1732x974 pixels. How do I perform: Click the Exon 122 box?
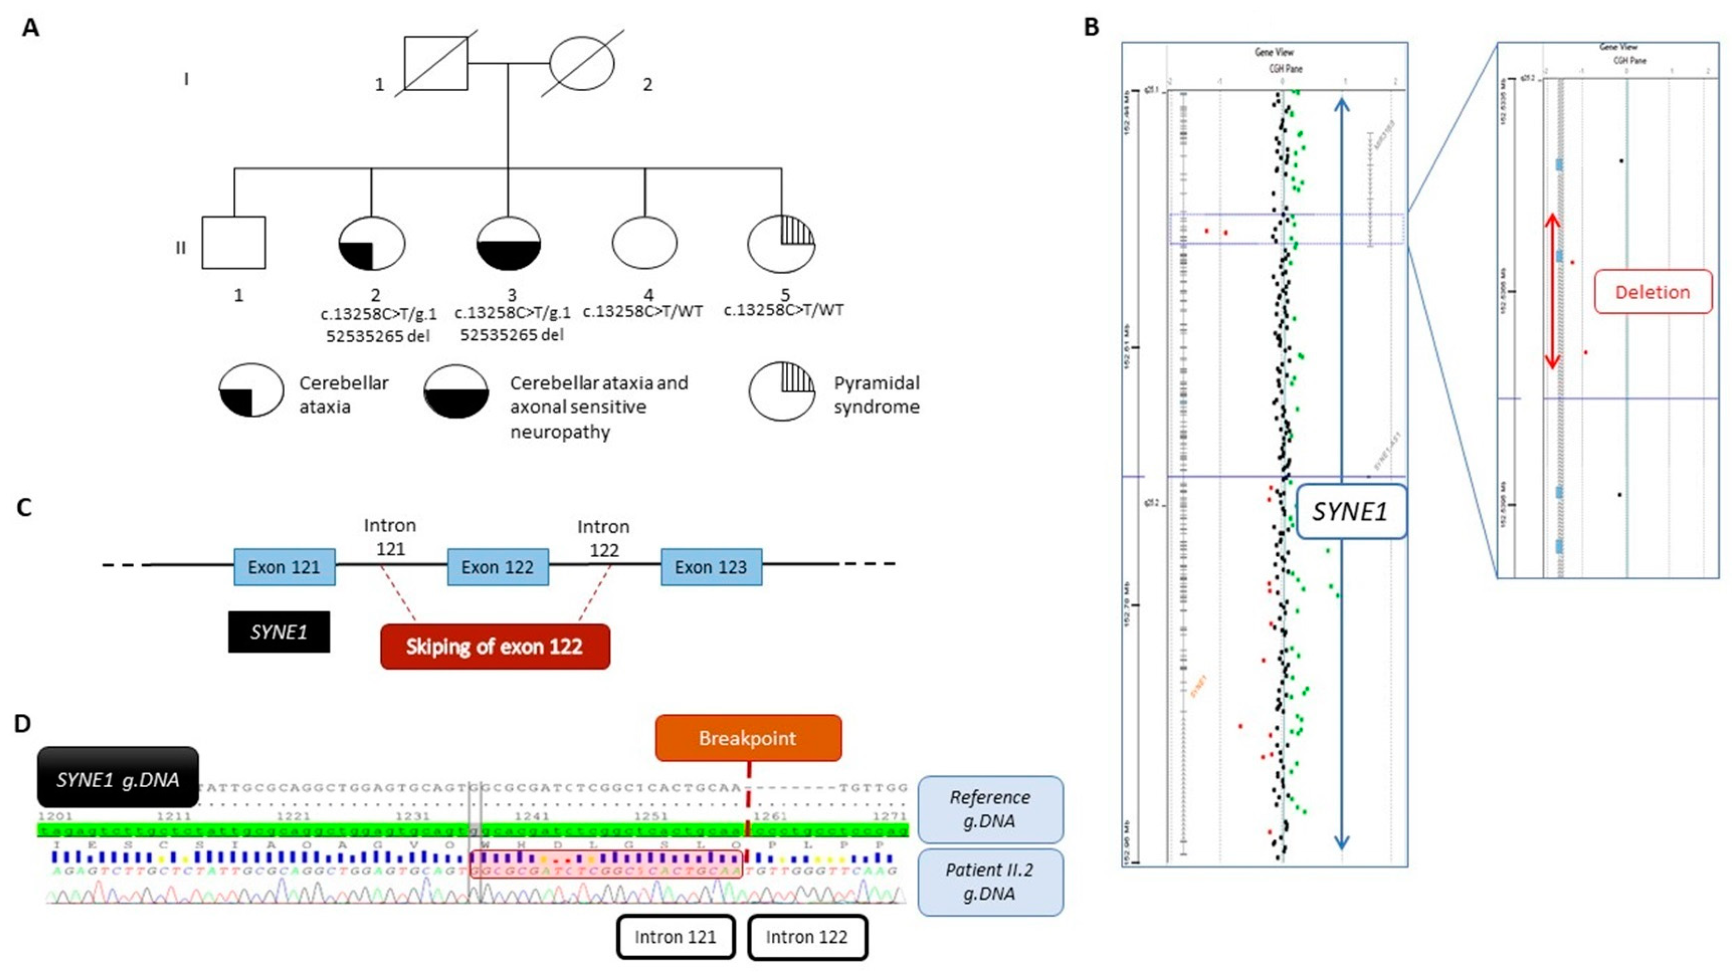tap(498, 567)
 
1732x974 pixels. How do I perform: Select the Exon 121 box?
tap(284, 567)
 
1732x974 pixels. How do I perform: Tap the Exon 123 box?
tap(711, 567)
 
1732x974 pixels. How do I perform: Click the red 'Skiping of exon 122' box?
tap(495, 646)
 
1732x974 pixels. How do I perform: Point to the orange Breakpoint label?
tap(748, 738)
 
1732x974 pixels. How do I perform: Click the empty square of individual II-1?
tap(234, 242)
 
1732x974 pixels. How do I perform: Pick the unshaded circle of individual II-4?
tap(644, 244)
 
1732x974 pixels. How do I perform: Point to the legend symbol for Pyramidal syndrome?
tap(782, 393)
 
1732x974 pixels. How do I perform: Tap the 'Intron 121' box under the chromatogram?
tap(675, 937)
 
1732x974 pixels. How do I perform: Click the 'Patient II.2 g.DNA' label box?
tap(989, 882)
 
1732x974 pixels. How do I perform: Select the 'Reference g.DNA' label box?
tap(989, 809)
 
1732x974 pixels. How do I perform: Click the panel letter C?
tap(24, 507)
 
